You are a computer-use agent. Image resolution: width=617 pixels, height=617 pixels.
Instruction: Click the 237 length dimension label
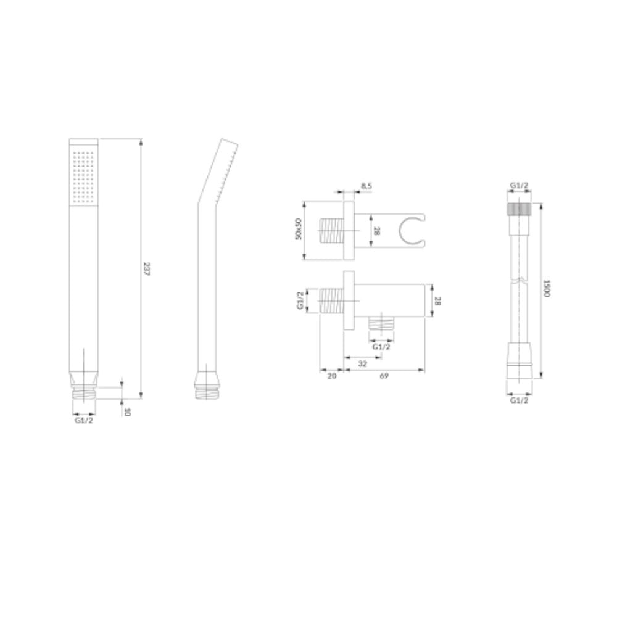coord(146,268)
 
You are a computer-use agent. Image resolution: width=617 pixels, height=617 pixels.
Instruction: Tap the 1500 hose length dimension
coord(547,288)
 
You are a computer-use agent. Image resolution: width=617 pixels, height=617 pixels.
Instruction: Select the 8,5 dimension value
coord(366,186)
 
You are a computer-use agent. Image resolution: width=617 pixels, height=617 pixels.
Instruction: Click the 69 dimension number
coord(384,376)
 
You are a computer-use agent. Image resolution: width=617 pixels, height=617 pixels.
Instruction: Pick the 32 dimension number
coord(362,364)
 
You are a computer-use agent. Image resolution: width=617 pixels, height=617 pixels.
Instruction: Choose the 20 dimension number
coord(332,376)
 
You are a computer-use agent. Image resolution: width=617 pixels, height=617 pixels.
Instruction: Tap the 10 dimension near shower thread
coord(127,412)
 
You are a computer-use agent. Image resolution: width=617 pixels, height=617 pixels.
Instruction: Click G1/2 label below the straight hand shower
coord(84,421)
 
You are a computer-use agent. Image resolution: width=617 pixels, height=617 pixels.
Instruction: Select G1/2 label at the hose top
coord(519,186)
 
